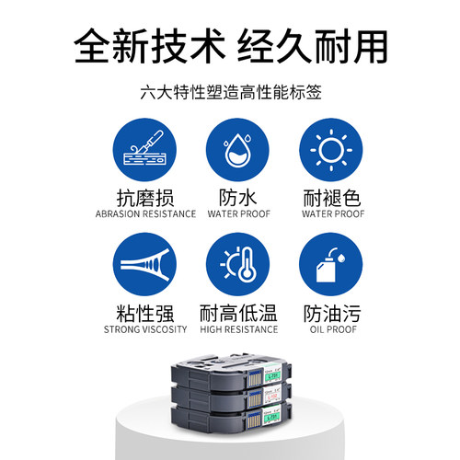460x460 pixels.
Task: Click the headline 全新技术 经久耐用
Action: (230, 44)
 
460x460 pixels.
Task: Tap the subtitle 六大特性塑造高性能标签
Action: (230, 94)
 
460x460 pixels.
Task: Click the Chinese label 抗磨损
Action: (144, 197)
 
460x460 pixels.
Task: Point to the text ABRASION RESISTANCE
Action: (144, 214)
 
